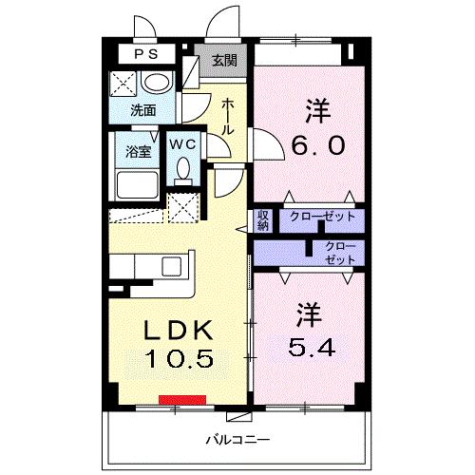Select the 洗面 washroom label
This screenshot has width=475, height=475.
[x=143, y=109]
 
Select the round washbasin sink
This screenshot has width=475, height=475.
[x=158, y=84]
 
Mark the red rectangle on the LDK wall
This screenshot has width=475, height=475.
[x=183, y=399]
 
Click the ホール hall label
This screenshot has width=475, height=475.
[x=229, y=117]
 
